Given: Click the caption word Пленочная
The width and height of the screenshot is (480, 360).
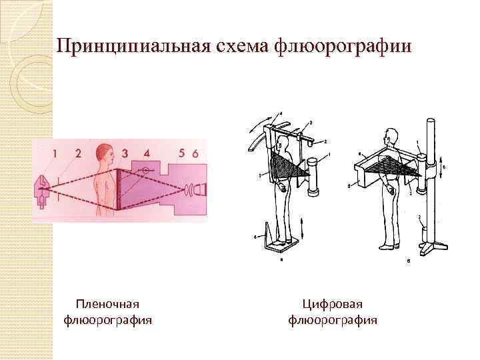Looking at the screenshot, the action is pos(107,305).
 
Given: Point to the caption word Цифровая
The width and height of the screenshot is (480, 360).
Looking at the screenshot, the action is pos(333,305).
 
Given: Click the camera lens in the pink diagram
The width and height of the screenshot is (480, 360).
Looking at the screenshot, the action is pos(191,191).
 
